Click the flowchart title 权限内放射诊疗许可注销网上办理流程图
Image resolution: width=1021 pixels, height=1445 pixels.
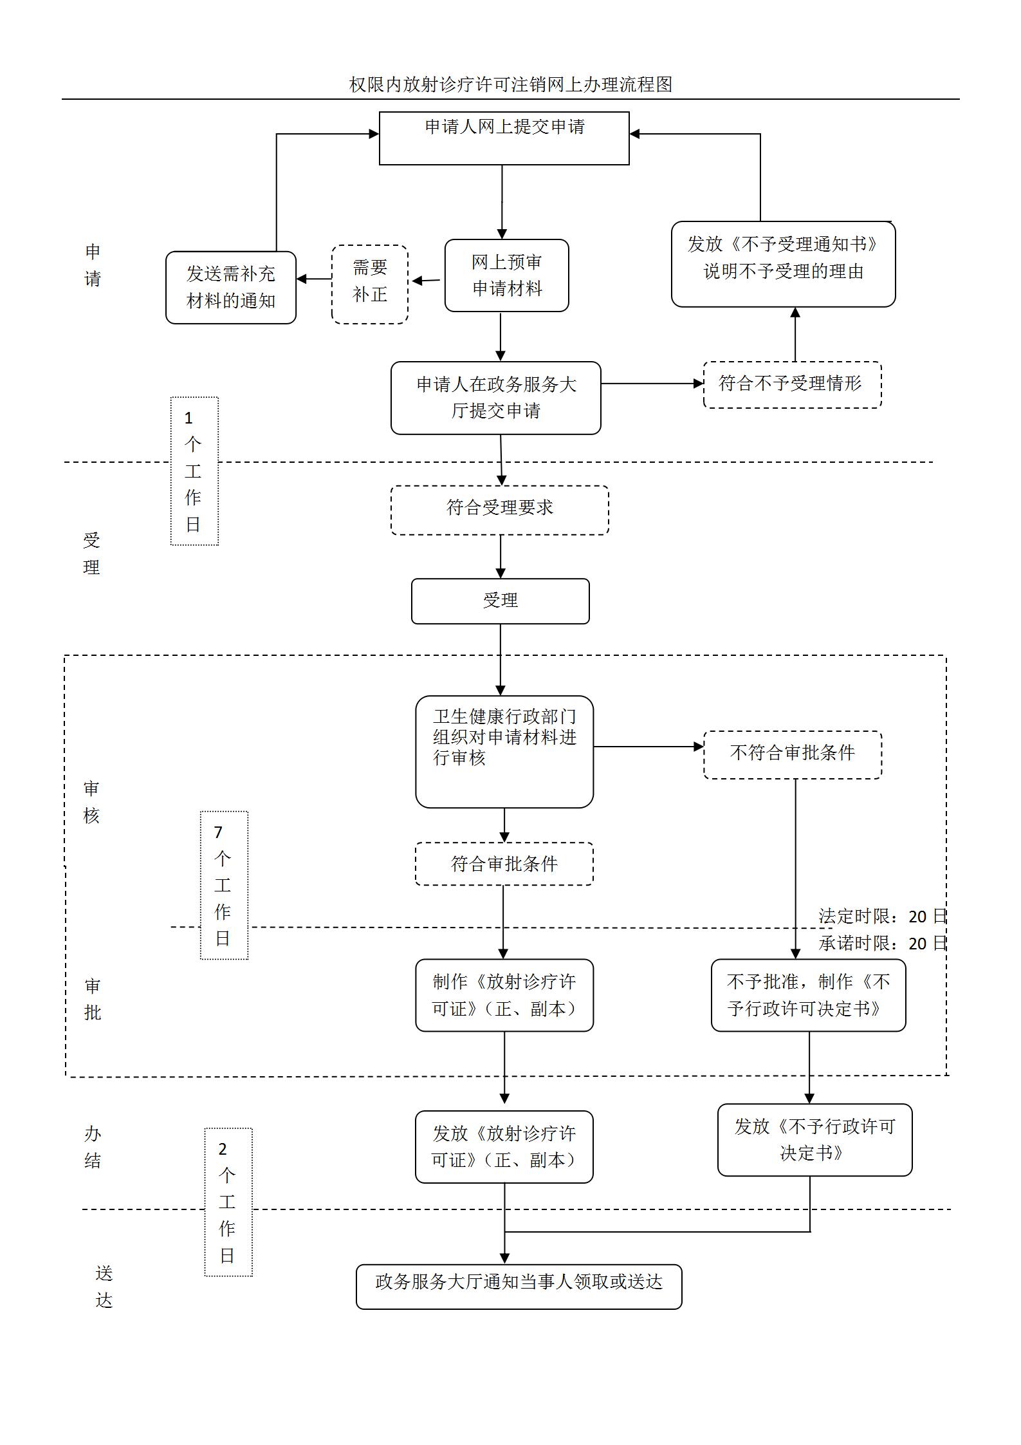(x=510, y=84)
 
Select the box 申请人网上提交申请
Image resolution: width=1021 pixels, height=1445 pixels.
(x=504, y=138)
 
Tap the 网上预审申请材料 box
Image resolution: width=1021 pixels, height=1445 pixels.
(x=506, y=275)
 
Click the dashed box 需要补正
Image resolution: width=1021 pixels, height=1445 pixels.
(x=370, y=284)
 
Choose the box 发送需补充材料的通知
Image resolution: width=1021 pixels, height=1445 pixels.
(x=230, y=287)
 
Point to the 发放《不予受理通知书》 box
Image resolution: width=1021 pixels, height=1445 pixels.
(x=783, y=264)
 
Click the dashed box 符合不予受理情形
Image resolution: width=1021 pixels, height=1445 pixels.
(x=792, y=384)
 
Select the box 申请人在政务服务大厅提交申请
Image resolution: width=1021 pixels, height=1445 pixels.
(x=495, y=398)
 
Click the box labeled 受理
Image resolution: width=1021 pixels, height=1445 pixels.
(x=500, y=601)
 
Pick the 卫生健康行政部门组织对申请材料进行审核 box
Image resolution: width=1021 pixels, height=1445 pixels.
(x=504, y=751)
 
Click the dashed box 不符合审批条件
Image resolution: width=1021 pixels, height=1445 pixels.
(x=792, y=754)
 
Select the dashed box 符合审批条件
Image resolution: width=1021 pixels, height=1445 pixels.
(x=504, y=864)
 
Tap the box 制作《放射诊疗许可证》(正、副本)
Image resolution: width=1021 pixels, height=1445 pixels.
(x=504, y=995)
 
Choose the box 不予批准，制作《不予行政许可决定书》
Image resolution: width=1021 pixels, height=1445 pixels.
(x=808, y=995)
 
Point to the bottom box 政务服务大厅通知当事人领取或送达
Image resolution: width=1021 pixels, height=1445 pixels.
(x=519, y=1286)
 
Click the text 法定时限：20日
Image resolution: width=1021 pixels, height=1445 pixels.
(x=882, y=916)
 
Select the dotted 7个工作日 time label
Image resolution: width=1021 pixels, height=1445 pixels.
(x=223, y=885)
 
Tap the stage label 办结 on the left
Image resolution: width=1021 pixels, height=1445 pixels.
(x=93, y=1147)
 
